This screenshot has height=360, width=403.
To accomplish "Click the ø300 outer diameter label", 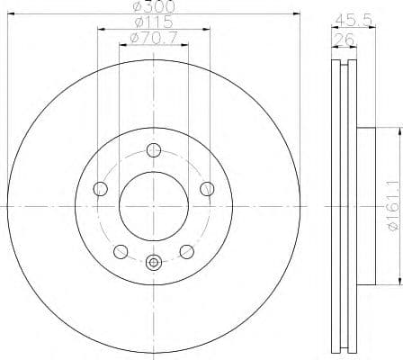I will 153,6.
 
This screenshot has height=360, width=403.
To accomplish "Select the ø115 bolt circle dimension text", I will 153,22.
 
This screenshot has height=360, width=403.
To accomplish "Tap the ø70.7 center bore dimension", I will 153,37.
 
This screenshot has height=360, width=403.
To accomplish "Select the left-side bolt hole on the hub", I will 101,189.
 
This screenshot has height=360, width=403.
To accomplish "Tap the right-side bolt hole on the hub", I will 207,188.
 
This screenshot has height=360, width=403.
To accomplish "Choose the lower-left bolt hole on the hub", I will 121,251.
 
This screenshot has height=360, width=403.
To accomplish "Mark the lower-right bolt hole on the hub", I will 187,251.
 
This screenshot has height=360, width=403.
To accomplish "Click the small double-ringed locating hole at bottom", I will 154,264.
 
